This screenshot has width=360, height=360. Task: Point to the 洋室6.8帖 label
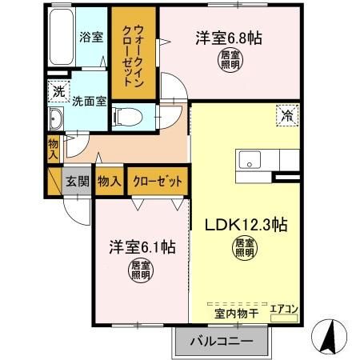point(230,38)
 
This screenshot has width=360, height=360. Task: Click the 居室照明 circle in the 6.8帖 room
point(230,61)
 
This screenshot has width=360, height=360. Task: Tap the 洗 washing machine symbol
point(58,92)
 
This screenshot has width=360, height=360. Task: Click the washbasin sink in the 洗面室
point(55,120)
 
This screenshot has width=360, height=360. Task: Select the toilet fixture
point(128,117)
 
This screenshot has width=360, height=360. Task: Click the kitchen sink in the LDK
point(250,160)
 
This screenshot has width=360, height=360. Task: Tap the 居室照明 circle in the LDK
point(245,248)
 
